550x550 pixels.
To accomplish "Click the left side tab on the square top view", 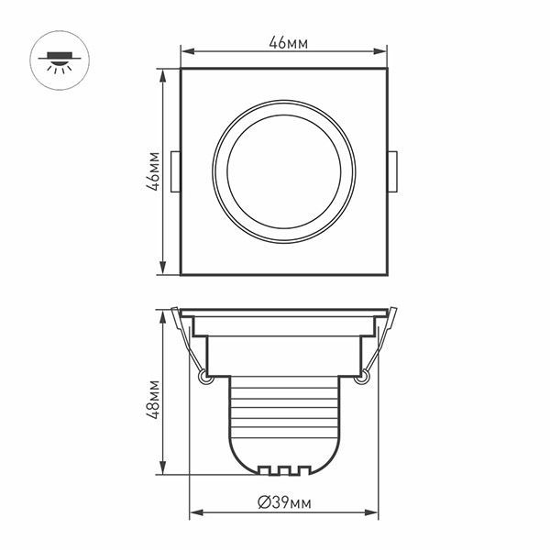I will [x=176, y=170].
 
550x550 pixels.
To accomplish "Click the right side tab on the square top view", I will [x=392, y=170].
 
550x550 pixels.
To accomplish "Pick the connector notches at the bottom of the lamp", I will [x=284, y=470].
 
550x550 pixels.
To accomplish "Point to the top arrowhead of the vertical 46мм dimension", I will [x=163, y=73].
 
